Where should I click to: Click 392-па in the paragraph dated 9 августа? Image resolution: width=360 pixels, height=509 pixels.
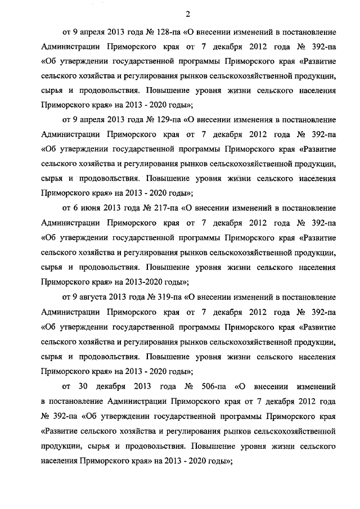(x=322, y=310)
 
